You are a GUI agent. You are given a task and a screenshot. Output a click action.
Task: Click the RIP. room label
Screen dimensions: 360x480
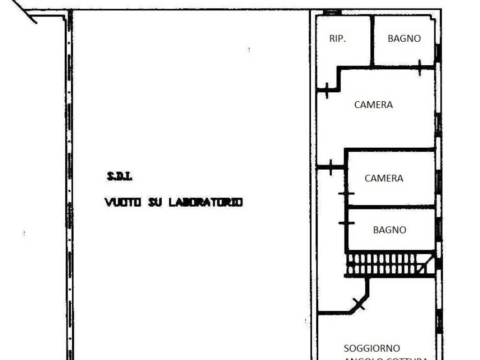[337, 39]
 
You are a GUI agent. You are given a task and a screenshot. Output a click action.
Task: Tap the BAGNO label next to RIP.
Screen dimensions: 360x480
[404, 39]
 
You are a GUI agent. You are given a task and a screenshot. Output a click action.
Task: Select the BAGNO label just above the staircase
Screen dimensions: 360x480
[390, 230]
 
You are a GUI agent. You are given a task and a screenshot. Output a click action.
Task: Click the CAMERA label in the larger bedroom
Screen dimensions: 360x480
[374, 105]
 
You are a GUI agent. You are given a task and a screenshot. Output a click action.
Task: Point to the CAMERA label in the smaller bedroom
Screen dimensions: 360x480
[384, 179]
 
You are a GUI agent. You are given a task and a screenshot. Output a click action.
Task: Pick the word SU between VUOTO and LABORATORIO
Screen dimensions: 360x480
[155, 202]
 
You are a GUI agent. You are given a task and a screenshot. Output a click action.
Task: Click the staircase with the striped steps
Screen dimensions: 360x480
[384, 264]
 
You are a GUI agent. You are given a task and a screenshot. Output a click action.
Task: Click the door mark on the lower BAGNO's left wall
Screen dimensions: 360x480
[346, 223]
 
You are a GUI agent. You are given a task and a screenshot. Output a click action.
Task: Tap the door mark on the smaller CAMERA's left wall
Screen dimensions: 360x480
[346, 194]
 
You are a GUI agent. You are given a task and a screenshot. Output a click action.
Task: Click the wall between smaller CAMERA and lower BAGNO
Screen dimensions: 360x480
[391, 206]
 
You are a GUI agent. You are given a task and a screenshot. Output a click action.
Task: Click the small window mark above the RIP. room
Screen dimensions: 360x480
[331, 12]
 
